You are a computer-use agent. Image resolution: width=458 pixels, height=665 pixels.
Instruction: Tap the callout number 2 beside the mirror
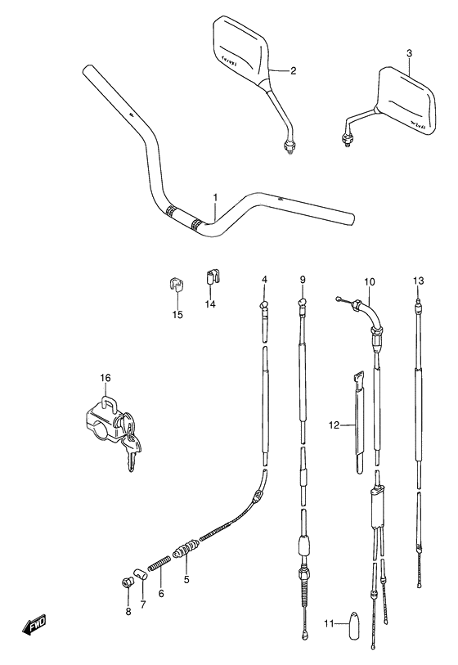pos(292,70)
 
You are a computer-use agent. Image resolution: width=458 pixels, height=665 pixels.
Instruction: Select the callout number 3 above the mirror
pos(409,53)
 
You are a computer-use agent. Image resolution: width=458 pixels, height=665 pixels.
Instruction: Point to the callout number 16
pos(105,378)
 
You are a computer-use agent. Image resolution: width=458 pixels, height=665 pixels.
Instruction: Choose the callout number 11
pos(328,624)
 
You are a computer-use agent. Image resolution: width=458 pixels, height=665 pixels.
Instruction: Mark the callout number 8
pos(128,611)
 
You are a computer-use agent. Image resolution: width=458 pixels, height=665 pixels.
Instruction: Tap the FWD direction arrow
pos(32,627)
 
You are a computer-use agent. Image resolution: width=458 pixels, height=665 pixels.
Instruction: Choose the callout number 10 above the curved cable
pos(369,283)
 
